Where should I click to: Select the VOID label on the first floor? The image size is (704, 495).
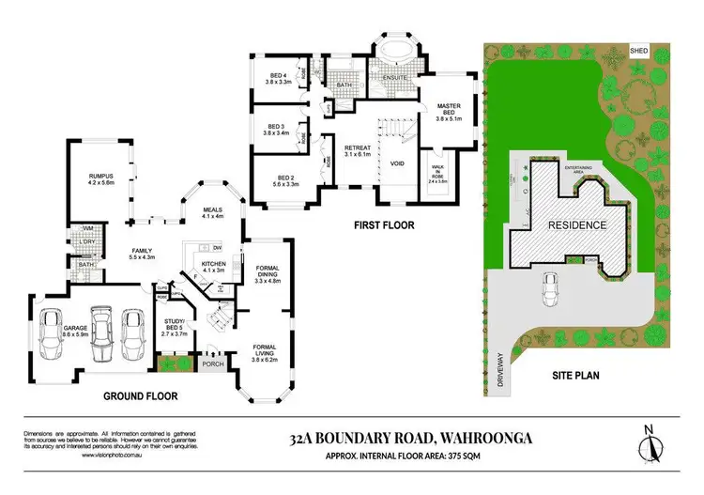click(396, 162)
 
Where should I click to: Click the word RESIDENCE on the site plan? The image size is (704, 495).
click(577, 225)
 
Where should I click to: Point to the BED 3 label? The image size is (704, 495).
click(275, 126)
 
